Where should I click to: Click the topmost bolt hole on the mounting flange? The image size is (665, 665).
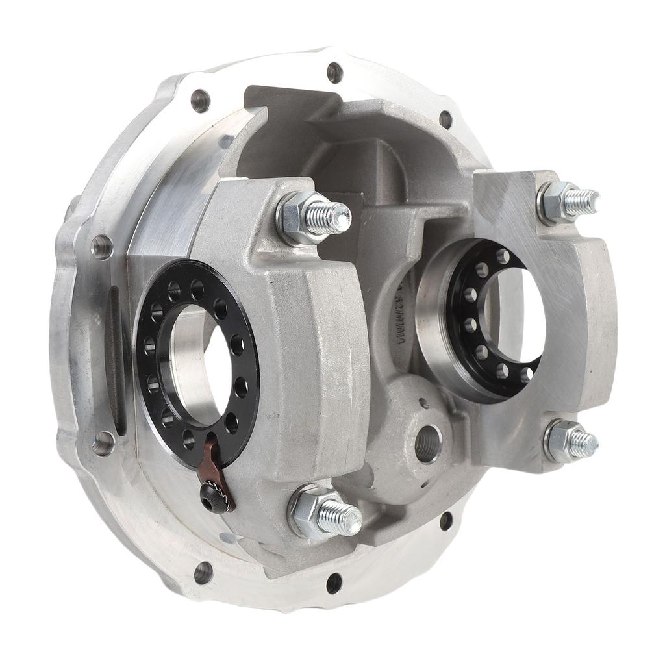click(x=334, y=71)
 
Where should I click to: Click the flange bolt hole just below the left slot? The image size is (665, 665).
click(x=103, y=444)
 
